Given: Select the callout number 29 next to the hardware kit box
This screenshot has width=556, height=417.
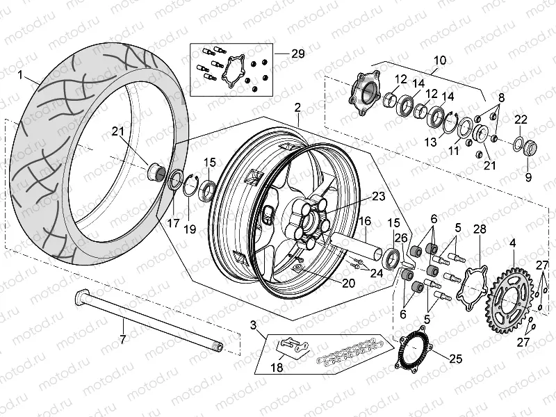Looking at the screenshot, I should click(x=298, y=53).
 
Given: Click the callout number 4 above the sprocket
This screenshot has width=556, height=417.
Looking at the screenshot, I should click(x=512, y=243).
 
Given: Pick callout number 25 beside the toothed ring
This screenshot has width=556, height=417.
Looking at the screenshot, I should click(x=455, y=359).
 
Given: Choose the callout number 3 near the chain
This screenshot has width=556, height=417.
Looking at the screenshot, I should click(x=254, y=325).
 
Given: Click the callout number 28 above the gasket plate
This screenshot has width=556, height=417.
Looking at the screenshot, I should click(x=479, y=230).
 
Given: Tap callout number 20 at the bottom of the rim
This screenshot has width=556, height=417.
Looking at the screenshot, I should click(x=347, y=283).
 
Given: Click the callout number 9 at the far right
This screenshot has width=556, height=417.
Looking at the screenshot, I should click(x=528, y=177).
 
